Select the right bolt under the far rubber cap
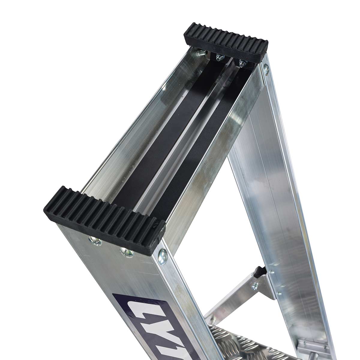coord(242,62)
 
